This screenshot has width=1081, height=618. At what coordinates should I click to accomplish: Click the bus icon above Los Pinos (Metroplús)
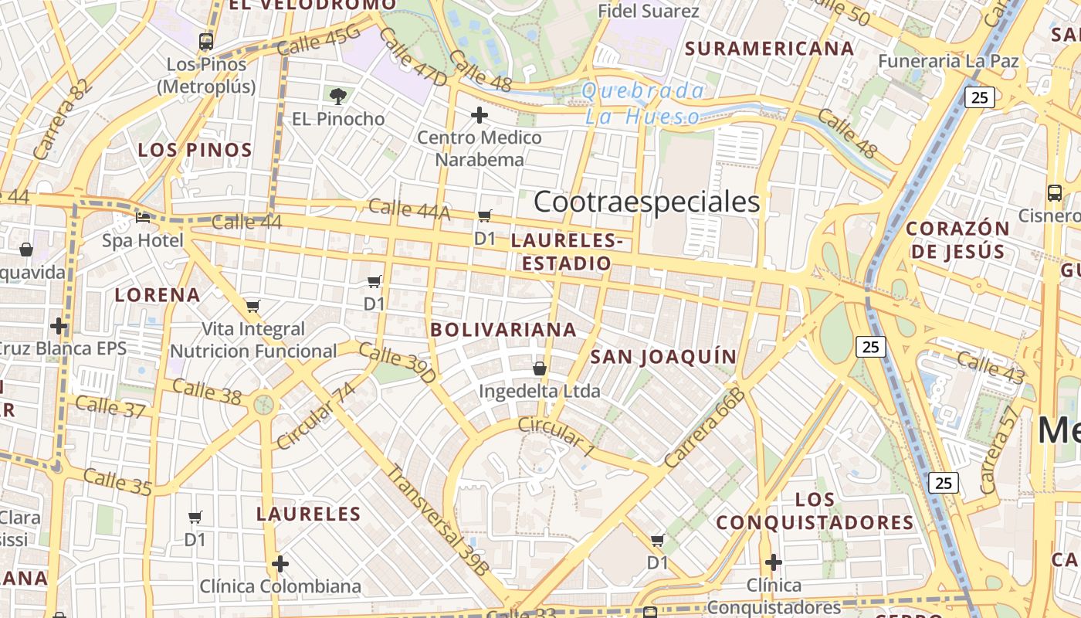205,41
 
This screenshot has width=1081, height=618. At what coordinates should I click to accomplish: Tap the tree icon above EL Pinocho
337,97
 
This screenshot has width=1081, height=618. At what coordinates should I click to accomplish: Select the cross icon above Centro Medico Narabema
480,115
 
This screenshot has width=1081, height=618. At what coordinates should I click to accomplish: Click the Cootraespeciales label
647,202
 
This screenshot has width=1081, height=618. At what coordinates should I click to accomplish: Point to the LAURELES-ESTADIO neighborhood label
567,252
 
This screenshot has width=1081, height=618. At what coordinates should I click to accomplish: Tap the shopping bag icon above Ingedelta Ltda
540,368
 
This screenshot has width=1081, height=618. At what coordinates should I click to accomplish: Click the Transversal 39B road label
438,520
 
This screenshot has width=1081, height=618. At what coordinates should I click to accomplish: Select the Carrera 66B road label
704,428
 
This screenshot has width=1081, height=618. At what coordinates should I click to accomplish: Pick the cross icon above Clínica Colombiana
280,564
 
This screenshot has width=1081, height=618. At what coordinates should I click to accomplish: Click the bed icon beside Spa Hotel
143,218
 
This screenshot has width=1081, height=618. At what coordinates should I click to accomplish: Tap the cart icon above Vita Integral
252,306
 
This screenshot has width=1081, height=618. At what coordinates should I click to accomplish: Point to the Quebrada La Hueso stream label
642,104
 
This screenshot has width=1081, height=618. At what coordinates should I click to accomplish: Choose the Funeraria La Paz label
949,61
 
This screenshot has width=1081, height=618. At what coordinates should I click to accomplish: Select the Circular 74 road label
316,415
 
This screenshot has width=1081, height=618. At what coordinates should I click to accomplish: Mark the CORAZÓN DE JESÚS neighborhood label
957,239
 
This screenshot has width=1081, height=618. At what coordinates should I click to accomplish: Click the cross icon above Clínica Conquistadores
774,562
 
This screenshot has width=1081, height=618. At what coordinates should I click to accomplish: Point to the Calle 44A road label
408,209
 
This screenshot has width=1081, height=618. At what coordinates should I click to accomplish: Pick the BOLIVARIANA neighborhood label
503,330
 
